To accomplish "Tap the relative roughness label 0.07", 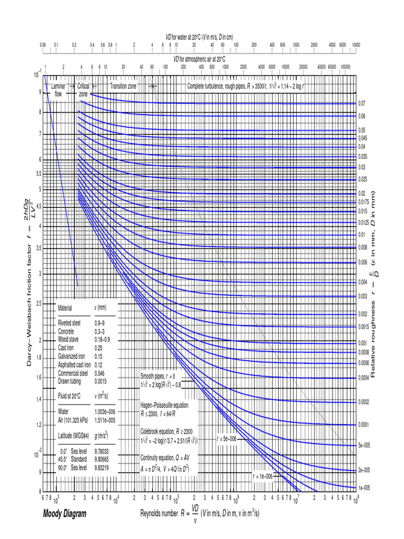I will coord(362,103).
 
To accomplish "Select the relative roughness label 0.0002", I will coord(364,402).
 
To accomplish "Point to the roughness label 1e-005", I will coord(364,488).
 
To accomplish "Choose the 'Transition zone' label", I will coord(123,85).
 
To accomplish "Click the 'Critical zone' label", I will coord(84,89).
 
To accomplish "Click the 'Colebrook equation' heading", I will coord(164,431).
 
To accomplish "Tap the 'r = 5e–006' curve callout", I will coord(227,438).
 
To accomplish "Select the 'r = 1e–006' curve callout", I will coord(262,476).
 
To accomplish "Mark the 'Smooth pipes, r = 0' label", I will coord(157,377).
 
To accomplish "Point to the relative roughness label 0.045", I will coord(363,138).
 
